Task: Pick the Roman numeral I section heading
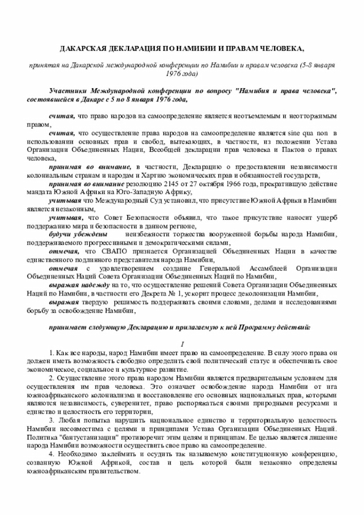click(x=182, y=345)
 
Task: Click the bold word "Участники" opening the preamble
click(x=69, y=91)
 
